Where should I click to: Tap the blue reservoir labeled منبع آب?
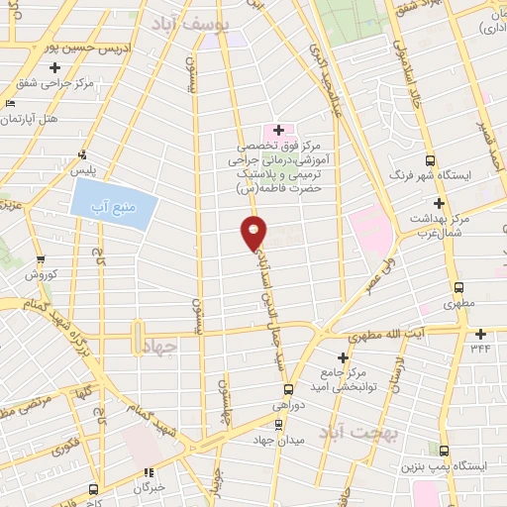(x=114, y=205)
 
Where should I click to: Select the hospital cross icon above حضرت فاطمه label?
(x=278, y=130)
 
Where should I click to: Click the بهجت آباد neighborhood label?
(x=363, y=433)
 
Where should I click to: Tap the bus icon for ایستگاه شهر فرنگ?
(x=429, y=159)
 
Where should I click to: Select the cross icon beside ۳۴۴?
(x=480, y=334)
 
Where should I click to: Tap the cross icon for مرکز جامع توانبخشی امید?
(x=343, y=357)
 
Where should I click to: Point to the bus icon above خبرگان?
(x=149, y=473)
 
